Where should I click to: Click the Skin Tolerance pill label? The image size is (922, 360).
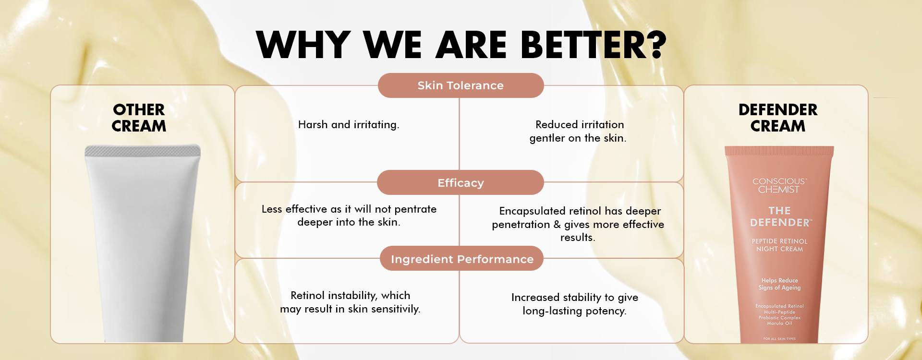461,85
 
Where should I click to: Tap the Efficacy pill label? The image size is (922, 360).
461,182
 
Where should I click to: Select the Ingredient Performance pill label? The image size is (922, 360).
462,259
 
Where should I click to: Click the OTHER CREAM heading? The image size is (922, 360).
139,118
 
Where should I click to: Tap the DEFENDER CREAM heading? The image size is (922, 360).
778,118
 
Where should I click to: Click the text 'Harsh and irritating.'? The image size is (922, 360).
349,125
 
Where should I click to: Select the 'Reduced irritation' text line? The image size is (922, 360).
580,124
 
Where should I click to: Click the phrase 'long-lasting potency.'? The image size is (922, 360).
574,311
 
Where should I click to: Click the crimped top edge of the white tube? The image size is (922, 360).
143,151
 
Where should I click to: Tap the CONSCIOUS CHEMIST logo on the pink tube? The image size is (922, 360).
779,185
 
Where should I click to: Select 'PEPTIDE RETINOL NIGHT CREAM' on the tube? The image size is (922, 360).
779,245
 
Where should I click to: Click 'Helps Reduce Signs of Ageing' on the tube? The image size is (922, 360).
779,284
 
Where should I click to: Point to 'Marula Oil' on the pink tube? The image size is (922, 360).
779,324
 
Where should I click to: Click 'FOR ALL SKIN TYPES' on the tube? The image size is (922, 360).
779,339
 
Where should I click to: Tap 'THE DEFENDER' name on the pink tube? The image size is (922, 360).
780,217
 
